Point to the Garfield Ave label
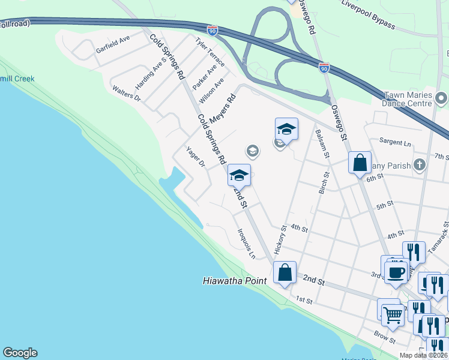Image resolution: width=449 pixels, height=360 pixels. point(113,44)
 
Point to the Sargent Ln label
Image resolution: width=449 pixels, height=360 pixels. point(395,143)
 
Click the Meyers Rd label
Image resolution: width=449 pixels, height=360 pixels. point(221,107)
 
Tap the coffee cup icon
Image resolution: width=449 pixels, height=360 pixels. point(396,272)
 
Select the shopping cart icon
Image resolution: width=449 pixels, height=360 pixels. point(393,313)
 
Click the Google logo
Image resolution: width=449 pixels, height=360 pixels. point(20,353)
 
